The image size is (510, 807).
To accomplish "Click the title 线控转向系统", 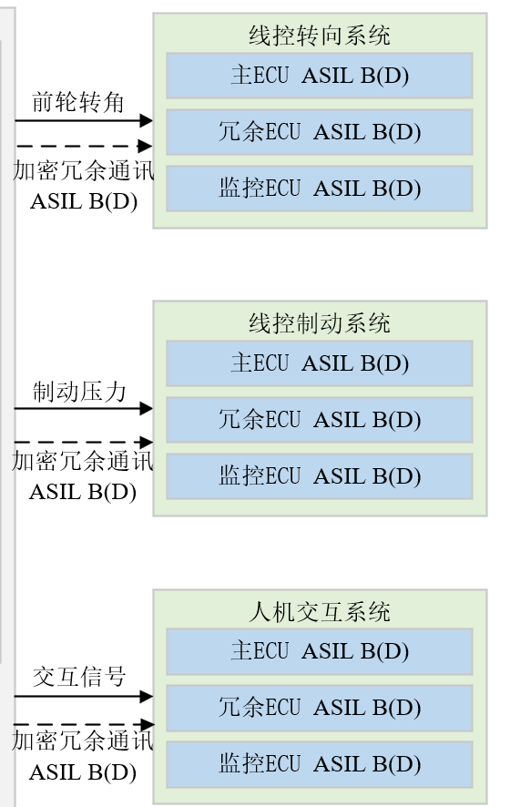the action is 319,36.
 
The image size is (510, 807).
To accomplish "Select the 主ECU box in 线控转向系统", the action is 319,75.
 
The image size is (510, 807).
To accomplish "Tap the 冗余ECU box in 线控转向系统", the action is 319,132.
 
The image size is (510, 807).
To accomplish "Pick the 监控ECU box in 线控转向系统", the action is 319,189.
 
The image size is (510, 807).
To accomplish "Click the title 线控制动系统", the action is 319,323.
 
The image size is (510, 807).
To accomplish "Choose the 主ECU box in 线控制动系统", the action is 319,363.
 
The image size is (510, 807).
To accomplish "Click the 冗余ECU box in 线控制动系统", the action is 319,420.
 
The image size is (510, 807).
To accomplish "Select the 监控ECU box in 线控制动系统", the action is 319,476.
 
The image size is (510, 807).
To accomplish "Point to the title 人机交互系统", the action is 319,612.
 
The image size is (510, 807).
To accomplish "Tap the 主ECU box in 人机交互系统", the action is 319,651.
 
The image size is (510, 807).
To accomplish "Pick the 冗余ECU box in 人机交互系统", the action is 319,709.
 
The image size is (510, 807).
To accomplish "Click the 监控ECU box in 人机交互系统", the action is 319,765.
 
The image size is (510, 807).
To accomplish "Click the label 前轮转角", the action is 77,102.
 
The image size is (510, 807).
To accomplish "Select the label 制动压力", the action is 79,392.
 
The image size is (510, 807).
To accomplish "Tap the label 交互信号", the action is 79,677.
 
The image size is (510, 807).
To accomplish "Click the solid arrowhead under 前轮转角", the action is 146,120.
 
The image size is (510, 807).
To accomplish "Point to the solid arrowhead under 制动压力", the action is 146,409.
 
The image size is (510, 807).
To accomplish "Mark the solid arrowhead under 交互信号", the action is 146,697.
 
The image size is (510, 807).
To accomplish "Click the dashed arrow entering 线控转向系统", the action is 84,146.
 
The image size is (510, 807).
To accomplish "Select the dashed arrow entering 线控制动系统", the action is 84,442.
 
